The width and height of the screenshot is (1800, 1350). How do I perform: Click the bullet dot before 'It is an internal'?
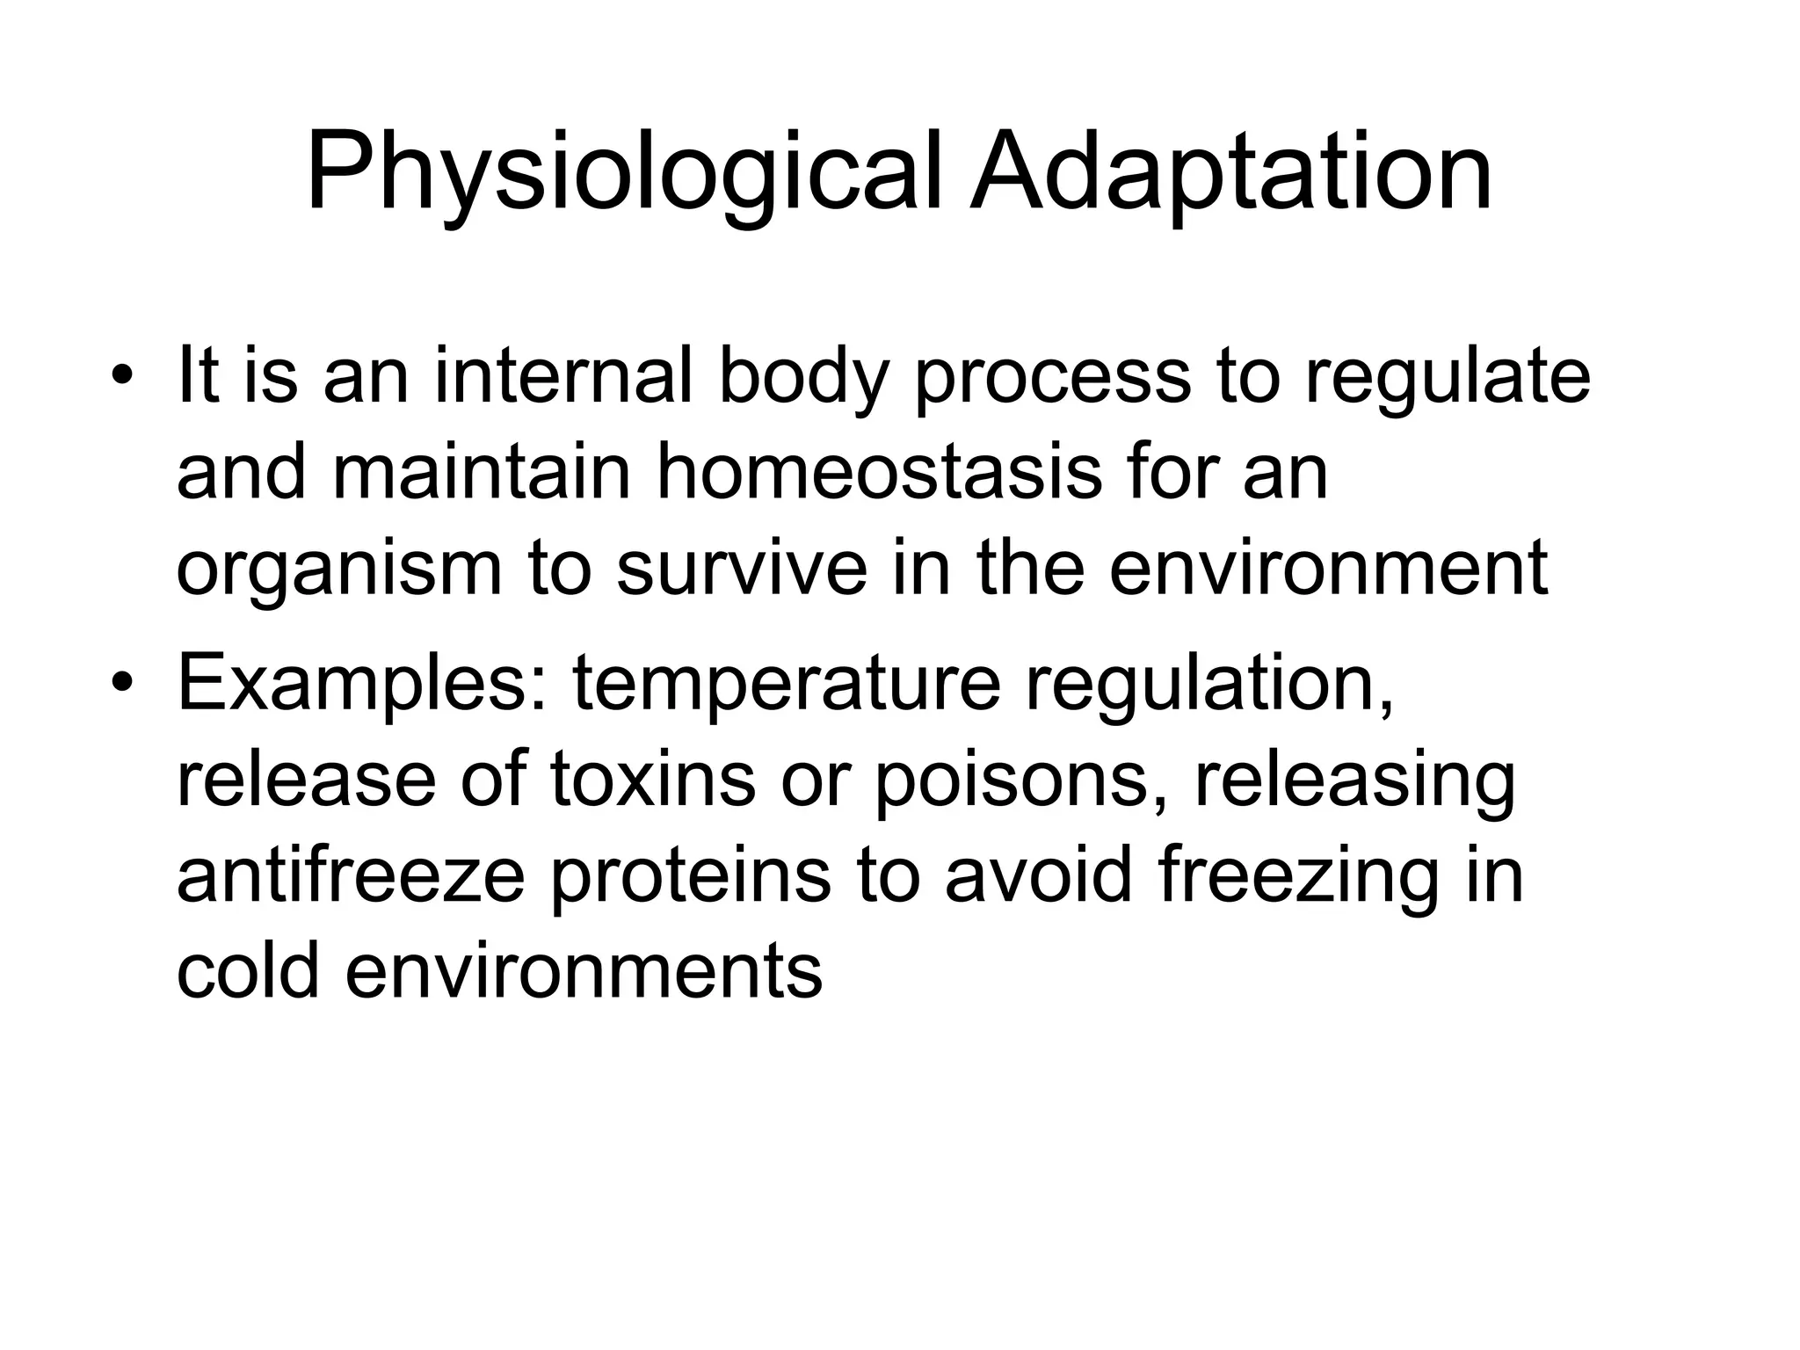(123, 379)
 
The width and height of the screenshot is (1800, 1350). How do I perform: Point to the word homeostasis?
(879, 473)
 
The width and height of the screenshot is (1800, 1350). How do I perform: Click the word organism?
(339, 570)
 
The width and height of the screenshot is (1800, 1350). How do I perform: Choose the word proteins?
(690, 876)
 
